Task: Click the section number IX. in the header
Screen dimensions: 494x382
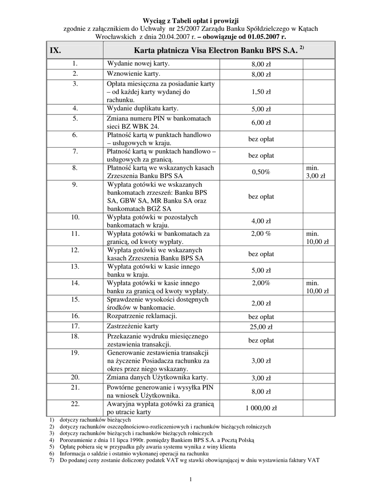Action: pyautogui.click(x=55, y=50)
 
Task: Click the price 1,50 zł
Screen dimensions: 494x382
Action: pyautogui.click(x=261, y=92)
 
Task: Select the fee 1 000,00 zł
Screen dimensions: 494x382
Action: pyautogui.click(x=261, y=408)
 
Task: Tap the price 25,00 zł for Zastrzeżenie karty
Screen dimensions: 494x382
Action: pyautogui.click(x=261, y=327)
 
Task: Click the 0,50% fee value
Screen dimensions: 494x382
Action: pyautogui.click(x=261, y=172)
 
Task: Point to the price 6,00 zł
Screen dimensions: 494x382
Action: pyautogui.click(x=261, y=123)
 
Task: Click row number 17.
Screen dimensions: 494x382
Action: pyautogui.click(x=75, y=326)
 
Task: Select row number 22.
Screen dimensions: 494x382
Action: pyautogui.click(x=75, y=403)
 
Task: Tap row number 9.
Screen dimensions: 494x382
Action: pyautogui.click(x=75, y=184)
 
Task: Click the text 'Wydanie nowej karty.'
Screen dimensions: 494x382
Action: pyautogui.click(x=138, y=63)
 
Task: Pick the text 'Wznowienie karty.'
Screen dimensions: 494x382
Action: pyautogui.click(x=133, y=74)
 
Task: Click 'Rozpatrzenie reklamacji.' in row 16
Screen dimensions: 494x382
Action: pyautogui.click(x=142, y=316)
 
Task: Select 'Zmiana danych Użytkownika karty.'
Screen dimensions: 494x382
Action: pyautogui.click(x=157, y=377)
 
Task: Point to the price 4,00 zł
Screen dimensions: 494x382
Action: pyautogui.click(x=261, y=221)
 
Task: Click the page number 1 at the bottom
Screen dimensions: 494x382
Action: pyautogui.click(x=191, y=479)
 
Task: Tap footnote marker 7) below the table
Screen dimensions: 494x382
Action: pyautogui.click(x=52, y=460)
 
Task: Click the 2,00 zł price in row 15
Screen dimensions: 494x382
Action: pyautogui.click(x=261, y=303)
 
